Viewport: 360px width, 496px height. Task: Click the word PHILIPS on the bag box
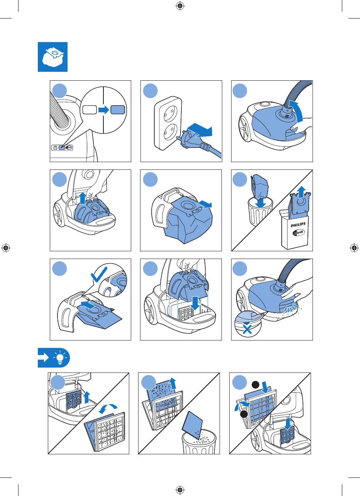[298, 225]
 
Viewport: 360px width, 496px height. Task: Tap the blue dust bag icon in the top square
[53, 57]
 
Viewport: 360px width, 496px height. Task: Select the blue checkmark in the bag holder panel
[99, 274]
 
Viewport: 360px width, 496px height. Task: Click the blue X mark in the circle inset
[247, 329]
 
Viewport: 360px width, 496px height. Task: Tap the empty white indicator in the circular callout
[90, 110]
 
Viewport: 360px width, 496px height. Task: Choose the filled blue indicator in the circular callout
[118, 110]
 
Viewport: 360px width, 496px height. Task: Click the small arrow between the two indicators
[104, 110]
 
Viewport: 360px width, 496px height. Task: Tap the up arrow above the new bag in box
[301, 192]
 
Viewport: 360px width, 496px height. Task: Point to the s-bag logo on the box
[298, 233]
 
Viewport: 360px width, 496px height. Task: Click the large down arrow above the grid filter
[195, 303]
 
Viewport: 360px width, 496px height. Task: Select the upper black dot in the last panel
[255, 384]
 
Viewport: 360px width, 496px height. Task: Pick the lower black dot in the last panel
[244, 414]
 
